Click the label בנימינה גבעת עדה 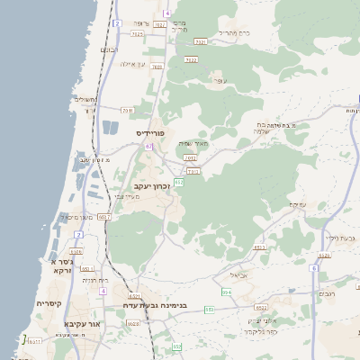coord(162,306)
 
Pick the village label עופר coord(218,82)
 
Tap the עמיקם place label coord(297,204)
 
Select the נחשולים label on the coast coord(83,100)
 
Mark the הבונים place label coord(109,50)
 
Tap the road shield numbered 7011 coord(127,111)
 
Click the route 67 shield coord(148,146)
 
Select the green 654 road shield coord(226,292)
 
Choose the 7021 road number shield coord(201,41)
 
